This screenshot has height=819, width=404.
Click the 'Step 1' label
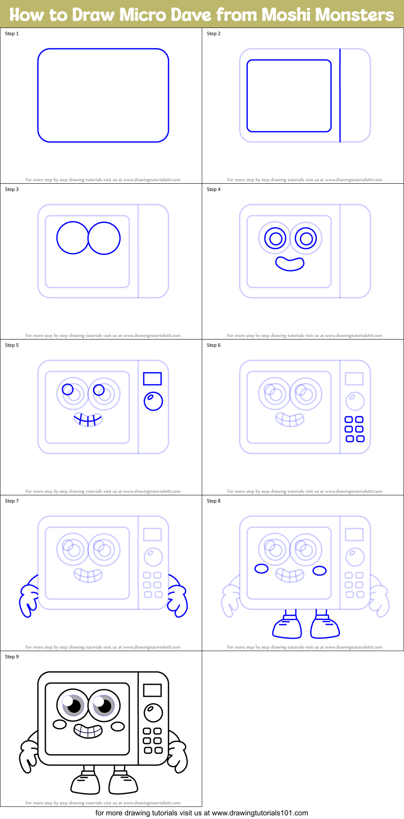point(12,34)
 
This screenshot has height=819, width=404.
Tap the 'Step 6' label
point(214,345)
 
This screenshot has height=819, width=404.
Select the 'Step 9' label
point(12,657)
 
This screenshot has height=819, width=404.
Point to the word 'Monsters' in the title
point(354,15)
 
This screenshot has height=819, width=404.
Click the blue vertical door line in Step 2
point(340,95)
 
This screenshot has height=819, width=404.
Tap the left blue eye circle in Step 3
point(72,238)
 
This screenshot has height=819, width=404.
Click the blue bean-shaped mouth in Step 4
point(290,264)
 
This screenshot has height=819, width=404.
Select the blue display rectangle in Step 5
point(152,379)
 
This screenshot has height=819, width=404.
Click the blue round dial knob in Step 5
point(153,401)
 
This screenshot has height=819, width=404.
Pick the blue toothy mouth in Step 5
point(88,420)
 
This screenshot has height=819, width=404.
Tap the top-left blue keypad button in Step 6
point(349,420)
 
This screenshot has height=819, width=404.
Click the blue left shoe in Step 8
point(287,627)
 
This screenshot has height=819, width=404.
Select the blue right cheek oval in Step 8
point(319,571)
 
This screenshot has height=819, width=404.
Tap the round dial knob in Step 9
point(153,713)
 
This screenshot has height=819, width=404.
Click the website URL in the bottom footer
point(260,813)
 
